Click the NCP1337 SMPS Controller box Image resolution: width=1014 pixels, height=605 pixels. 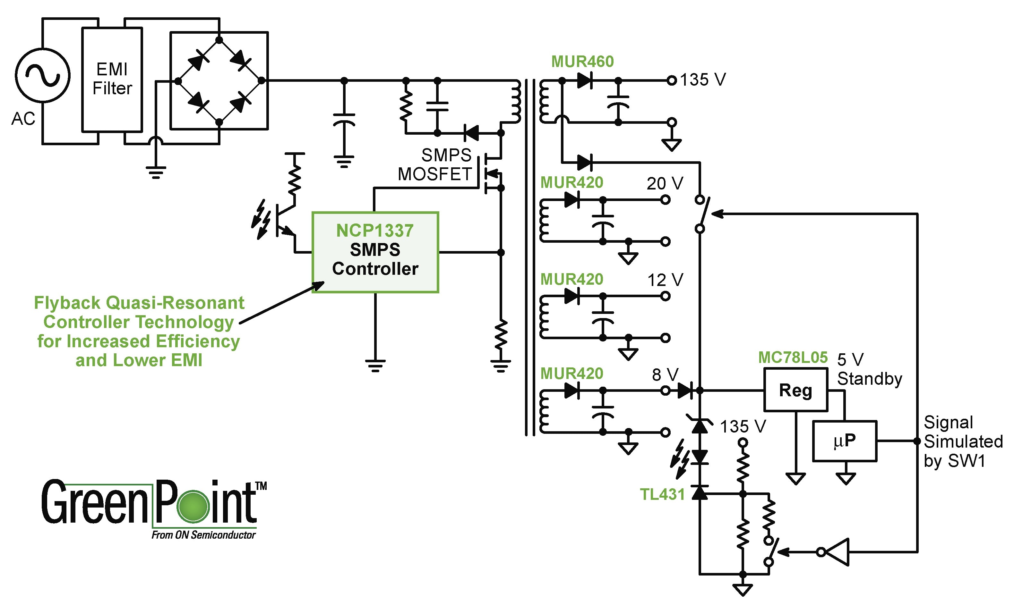(x=375, y=252)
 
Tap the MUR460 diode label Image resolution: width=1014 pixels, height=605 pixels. (x=582, y=62)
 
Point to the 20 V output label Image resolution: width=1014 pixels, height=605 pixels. (x=665, y=183)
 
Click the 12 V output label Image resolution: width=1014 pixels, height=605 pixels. (x=665, y=280)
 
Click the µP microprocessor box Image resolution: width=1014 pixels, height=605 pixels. (x=844, y=441)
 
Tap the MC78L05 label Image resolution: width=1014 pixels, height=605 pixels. (x=793, y=357)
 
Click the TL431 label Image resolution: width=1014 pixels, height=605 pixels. (x=662, y=494)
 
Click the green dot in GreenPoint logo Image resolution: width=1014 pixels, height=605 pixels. (x=193, y=506)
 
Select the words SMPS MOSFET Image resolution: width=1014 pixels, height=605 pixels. (x=435, y=165)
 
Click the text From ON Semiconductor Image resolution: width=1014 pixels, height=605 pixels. (x=203, y=535)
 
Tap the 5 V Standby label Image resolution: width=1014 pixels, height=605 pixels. (x=869, y=369)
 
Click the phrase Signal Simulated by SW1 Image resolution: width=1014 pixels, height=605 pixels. (x=963, y=441)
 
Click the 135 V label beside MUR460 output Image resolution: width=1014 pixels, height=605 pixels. (x=703, y=80)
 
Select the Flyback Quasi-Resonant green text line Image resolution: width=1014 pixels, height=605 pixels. (x=139, y=303)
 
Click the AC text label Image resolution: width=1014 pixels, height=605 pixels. (x=23, y=119)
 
